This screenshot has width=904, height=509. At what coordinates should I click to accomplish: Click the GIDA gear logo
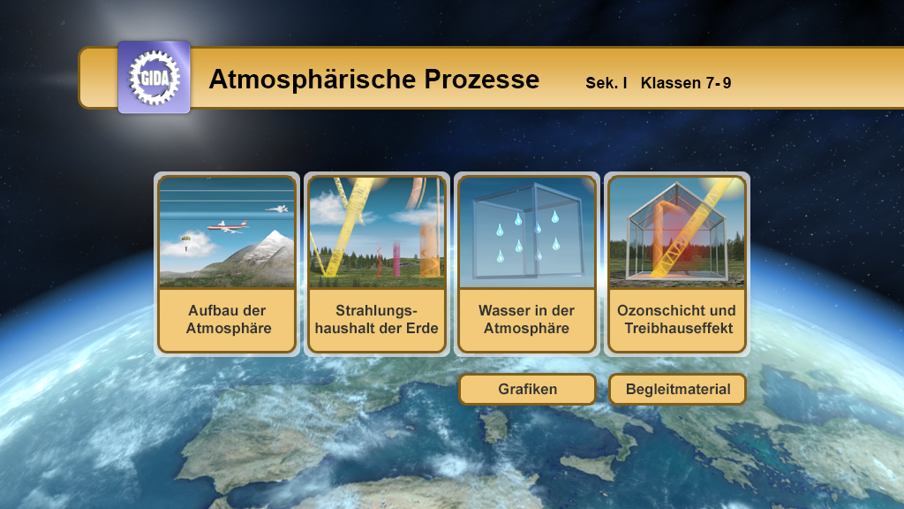pos(154,77)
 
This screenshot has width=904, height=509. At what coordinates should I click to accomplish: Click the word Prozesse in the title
pos(481,80)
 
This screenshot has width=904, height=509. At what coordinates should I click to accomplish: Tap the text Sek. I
pos(606,83)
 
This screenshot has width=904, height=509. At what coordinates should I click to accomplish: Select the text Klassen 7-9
pos(686,83)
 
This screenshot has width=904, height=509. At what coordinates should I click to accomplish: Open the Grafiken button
pos(527,389)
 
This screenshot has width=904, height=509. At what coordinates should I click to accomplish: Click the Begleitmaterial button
pos(677,389)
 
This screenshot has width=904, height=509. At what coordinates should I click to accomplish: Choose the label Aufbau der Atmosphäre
pos(227,320)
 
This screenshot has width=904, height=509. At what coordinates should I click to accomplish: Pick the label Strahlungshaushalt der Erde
pos(376,320)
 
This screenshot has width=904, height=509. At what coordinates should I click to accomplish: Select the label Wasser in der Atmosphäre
pos(526,320)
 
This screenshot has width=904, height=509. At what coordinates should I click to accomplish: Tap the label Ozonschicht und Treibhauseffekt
pos(676,320)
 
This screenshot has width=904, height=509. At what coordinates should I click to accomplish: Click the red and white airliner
pos(229,227)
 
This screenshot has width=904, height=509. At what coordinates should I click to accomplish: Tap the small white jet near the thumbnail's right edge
pos(278,209)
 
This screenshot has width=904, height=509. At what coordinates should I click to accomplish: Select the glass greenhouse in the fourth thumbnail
pos(677,239)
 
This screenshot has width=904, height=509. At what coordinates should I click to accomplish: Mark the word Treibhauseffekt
pos(676,329)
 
